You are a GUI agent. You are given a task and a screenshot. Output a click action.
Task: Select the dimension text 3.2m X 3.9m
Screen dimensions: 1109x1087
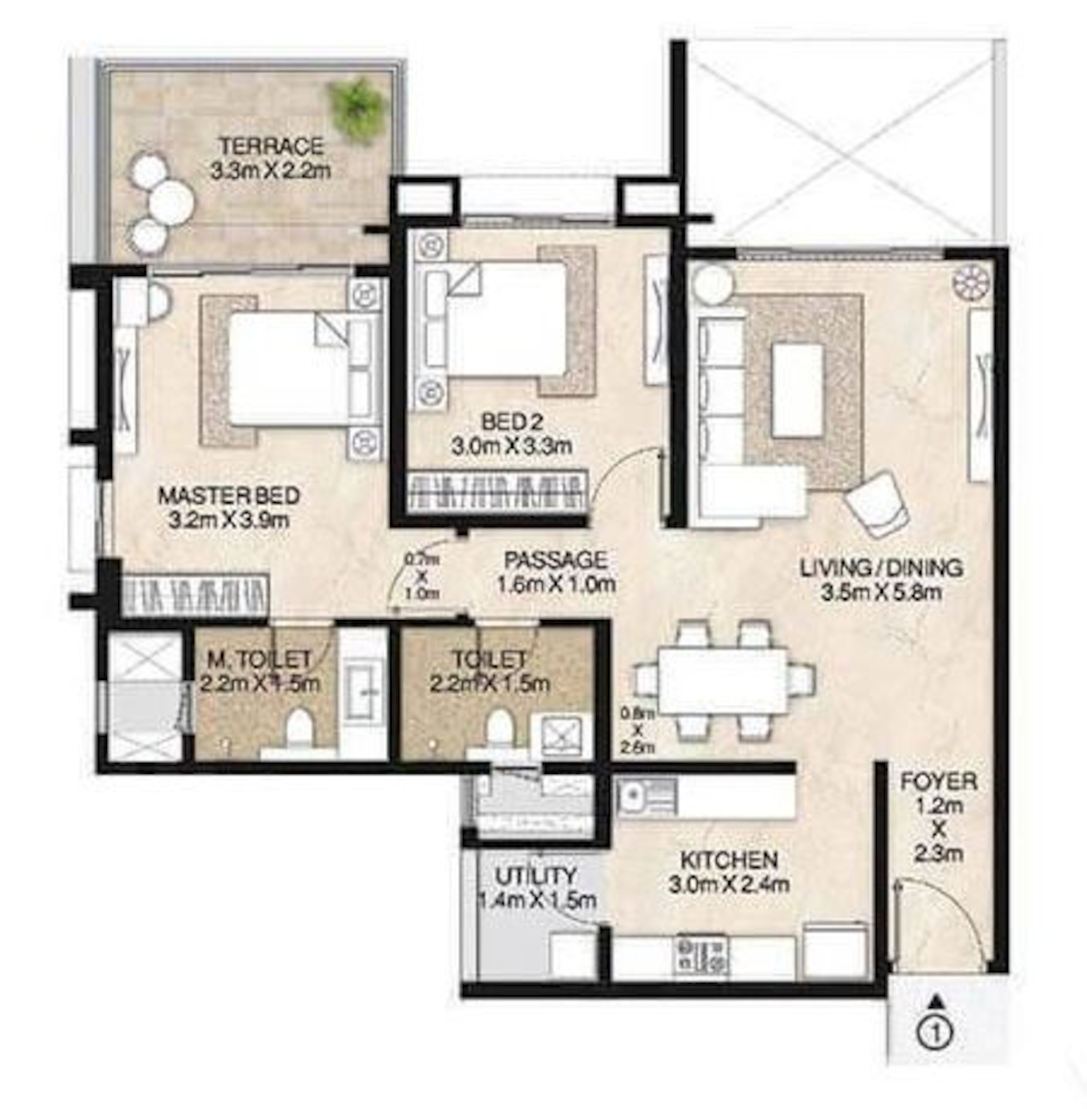coord(229,520)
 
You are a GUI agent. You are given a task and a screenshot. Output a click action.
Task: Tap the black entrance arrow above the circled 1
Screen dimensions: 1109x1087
coord(936,1000)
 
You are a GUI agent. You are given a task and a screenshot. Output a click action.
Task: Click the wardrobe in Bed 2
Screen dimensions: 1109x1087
coord(497,492)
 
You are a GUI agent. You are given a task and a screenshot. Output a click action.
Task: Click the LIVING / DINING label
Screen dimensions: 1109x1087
coord(881,568)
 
